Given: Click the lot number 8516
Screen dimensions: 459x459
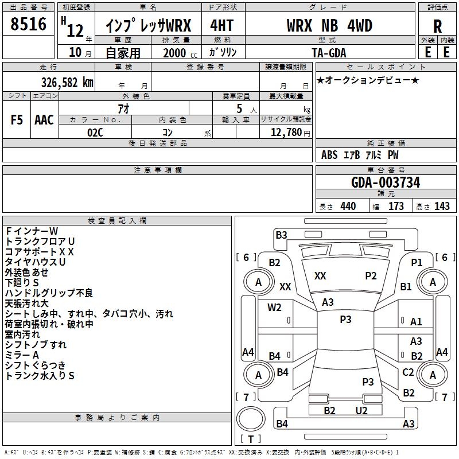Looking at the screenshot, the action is (x=28, y=24).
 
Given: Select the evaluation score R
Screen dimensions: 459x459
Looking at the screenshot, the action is (x=437, y=26).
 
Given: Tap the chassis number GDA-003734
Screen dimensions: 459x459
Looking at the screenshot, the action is (x=386, y=182).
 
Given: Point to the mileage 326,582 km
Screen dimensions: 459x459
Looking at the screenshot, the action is (x=67, y=82).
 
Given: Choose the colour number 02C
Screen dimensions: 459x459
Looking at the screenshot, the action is (x=95, y=133).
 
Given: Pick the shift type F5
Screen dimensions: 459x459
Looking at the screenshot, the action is (x=17, y=120).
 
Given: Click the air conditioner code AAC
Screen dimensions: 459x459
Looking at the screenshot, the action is (x=44, y=120).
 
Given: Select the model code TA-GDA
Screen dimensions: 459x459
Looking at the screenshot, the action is (x=329, y=52).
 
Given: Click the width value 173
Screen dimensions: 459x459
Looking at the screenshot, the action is (x=396, y=207).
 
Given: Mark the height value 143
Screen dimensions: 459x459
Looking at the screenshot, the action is (x=442, y=207).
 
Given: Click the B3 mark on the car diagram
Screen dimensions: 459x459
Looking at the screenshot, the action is (x=281, y=235).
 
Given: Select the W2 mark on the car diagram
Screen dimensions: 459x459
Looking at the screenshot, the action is (x=274, y=308).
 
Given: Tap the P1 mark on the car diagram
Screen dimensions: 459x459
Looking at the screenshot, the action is (x=417, y=262).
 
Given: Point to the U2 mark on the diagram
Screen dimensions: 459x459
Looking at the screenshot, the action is (x=361, y=410).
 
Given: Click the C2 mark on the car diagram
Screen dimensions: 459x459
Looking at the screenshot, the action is (x=408, y=372).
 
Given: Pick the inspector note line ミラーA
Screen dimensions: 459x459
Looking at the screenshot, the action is (x=22, y=355).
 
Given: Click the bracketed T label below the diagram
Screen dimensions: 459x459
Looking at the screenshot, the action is (x=250, y=439).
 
